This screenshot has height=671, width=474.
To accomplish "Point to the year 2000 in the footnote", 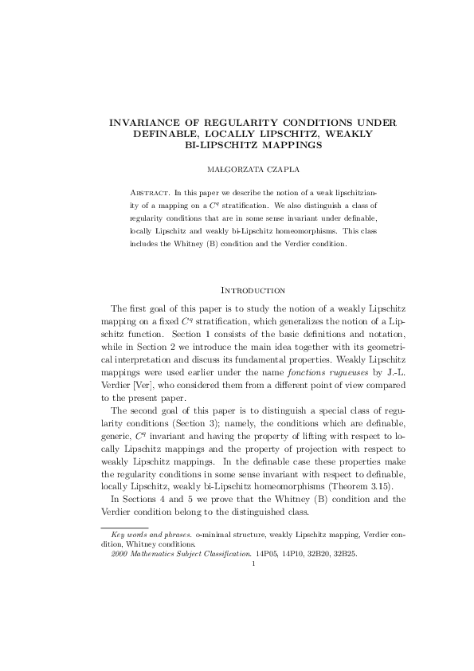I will (119, 549).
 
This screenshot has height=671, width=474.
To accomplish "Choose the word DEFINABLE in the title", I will (162, 134).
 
